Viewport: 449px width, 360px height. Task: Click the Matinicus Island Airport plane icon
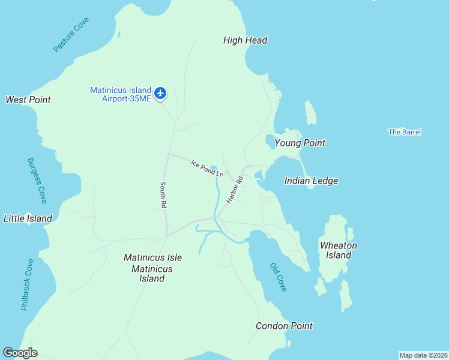click(x=160, y=93)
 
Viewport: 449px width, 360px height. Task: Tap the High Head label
click(x=245, y=41)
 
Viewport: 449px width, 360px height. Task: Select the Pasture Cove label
click(x=71, y=35)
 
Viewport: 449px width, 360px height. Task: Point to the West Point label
click(x=28, y=100)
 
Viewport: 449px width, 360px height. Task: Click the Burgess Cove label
click(x=37, y=179)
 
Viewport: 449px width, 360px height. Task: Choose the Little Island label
click(x=28, y=218)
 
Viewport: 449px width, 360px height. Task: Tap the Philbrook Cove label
click(x=28, y=284)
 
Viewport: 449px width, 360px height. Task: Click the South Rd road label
click(x=163, y=196)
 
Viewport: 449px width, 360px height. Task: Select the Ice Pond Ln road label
click(x=207, y=167)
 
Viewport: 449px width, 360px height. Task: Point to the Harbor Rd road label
click(x=235, y=189)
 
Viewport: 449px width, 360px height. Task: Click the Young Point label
click(x=300, y=143)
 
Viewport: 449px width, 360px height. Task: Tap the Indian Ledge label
click(x=311, y=181)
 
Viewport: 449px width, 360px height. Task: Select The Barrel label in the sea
click(x=405, y=132)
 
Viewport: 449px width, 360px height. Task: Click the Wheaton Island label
click(x=339, y=250)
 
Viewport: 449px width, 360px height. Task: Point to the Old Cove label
click(x=278, y=277)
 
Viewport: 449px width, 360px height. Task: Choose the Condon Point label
click(x=284, y=326)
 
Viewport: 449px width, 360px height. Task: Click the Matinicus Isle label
click(x=152, y=257)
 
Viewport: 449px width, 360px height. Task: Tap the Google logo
click(x=20, y=353)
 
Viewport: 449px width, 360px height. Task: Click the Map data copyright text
click(x=423, y=355)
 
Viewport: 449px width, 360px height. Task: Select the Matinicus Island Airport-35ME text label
click(x=121, y=94)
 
